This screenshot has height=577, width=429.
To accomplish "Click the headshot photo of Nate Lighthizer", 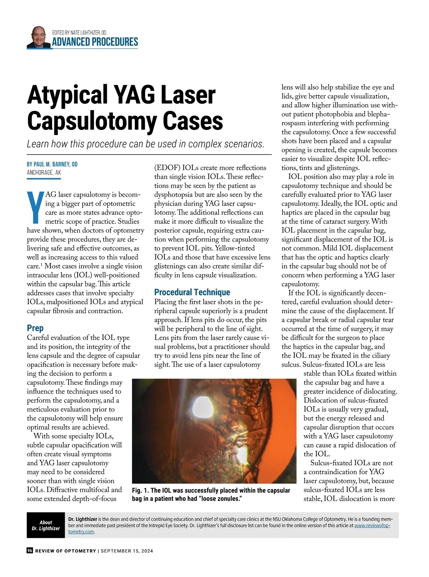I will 38,37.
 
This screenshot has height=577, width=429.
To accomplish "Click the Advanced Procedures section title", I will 95,42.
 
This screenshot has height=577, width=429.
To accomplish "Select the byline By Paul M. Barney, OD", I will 52,164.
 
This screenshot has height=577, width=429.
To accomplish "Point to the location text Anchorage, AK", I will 44,172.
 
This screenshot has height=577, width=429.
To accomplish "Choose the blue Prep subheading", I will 35,328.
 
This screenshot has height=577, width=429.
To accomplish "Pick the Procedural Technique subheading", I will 192,292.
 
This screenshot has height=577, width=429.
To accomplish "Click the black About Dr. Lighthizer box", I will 46,525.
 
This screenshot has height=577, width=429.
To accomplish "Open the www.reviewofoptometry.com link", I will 372,525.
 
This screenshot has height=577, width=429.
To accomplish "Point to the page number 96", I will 30,551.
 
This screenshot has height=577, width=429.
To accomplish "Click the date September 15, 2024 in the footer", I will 127,551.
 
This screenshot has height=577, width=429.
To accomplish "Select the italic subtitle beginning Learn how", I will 146,144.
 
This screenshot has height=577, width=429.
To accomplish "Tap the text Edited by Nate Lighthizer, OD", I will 79,33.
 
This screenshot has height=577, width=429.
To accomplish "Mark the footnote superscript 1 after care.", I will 41,265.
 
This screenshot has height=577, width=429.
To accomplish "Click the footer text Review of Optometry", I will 65,551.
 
